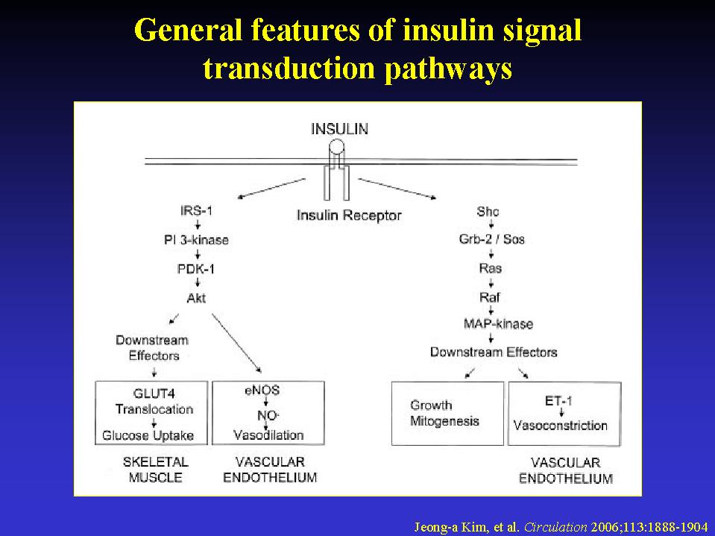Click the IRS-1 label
(197, 210)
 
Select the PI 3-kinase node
(197, 240)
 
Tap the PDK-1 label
(196, 269)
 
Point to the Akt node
(197, 298)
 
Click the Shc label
(488, 212)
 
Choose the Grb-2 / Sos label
(491, 239)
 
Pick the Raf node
(490, 297)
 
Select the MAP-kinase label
(498, 324)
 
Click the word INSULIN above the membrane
(339, 129)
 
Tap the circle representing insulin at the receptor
(338, 147)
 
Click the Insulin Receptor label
(349, 215)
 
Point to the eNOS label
(262, 390)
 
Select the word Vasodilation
(268, 435)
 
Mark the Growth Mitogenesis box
(448, 414)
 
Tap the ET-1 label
(558, 401)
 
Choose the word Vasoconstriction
(561, 426)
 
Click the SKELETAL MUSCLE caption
(156, 470)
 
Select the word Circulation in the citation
(555, 527)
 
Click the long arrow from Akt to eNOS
(236, 343)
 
